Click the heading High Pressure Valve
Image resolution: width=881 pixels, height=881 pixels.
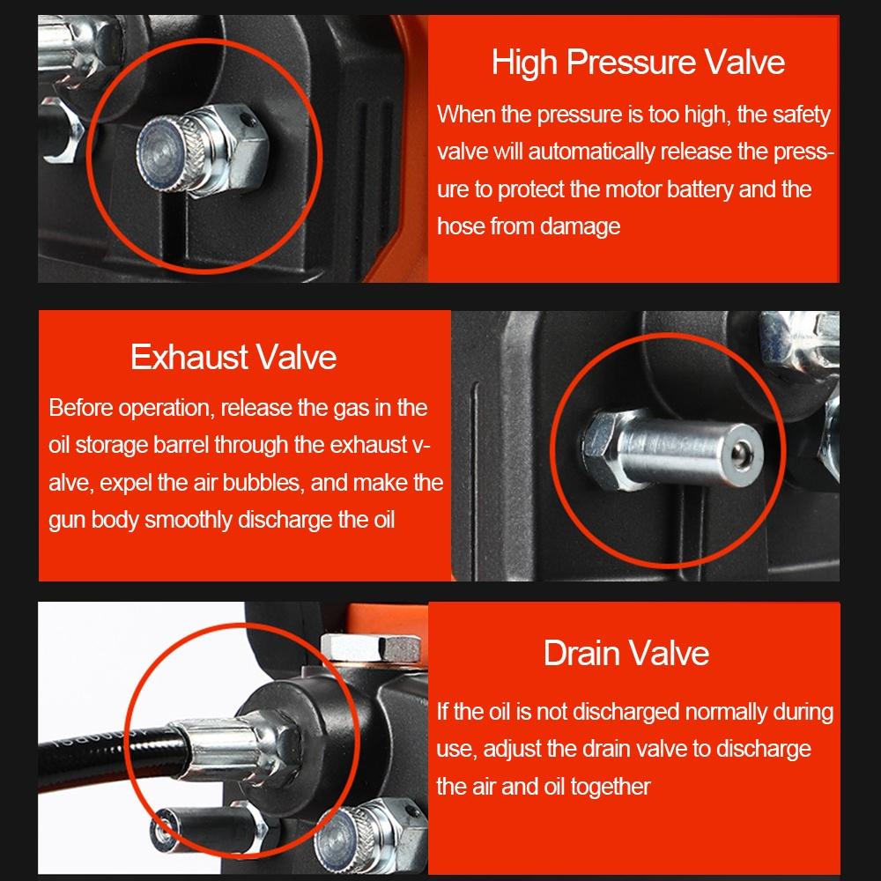tap(638, 63)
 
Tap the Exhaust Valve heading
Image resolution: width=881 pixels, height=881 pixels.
tap(233, 357)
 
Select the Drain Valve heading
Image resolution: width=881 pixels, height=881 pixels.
tap(626, 653)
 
